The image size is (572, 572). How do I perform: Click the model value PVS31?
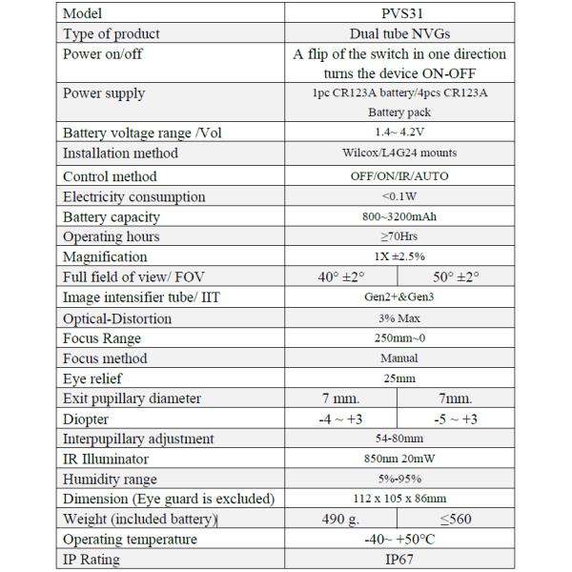coord(399,13)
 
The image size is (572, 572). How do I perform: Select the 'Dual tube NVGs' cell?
coord(399,33)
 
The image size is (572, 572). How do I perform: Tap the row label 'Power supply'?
coord(104,93)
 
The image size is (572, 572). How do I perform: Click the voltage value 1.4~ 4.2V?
coord(399,133)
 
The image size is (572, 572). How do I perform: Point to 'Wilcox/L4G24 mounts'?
coord(399,153)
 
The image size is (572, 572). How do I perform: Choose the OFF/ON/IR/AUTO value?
coord(399,176)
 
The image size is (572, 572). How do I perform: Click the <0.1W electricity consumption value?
coord(399,196)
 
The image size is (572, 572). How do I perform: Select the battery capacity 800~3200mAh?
coord(399,216)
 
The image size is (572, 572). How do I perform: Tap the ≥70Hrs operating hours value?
coord(399,236)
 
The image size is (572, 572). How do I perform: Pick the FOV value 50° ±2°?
coord(456,277)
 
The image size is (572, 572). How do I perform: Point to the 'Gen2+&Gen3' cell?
coord(399,297)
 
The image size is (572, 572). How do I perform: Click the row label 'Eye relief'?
coord(95,378)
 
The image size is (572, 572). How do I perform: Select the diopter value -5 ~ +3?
coord(456,419)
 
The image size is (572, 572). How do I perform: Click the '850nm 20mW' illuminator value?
coord(399,460)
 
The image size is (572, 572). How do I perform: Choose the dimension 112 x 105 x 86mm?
coord(399,499)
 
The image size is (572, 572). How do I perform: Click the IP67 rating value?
coord(399,560)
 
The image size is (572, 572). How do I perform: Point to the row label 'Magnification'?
coord(105,256)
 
